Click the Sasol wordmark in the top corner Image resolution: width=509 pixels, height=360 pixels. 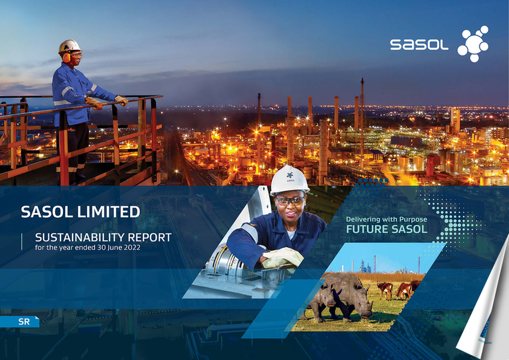point(419,45)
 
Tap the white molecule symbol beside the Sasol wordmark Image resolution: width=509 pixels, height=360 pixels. point(473,44)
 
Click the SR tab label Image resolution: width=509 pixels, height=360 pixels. point(24,322)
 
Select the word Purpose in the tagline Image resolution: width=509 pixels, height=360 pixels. point(413,220)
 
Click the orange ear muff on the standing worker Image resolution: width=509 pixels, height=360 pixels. point(66,57)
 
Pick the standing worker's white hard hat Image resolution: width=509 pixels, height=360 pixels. point(70,46)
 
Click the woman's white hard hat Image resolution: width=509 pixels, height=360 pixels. point(289,180)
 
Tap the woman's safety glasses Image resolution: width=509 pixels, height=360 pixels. point(290,201)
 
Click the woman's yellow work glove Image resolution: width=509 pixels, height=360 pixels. point(282,257)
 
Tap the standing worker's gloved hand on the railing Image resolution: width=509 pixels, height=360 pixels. point(122,100)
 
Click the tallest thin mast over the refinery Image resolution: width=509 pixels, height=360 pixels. point(362,123)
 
